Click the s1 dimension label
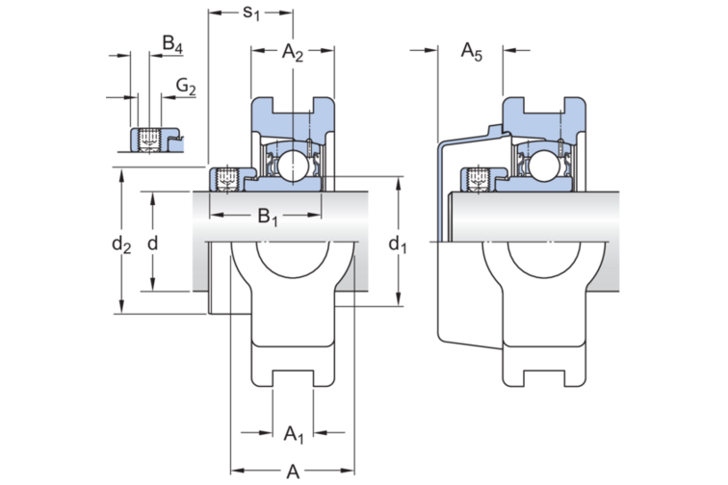(251, 13)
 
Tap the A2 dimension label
(293, 53)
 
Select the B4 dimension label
(172, 44)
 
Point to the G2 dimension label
(186, 87)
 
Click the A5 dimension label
(471, 51)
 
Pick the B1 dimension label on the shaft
(268, 217)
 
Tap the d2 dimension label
(121, 243)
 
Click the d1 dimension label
(398, 243)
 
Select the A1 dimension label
(294, 434)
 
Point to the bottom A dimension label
(293, 472)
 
